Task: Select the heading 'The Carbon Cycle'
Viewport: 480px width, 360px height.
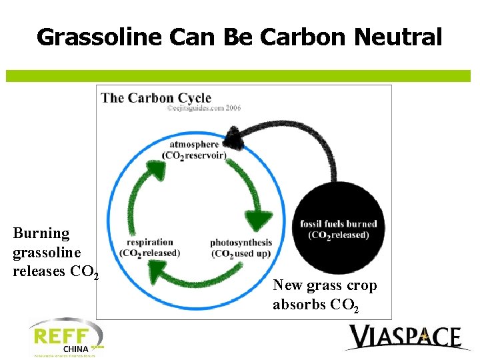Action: (x=156, y=98)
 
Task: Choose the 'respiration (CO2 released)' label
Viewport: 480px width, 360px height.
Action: (x=149, y=247)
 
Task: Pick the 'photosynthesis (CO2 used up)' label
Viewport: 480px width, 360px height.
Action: (x=241, y=247)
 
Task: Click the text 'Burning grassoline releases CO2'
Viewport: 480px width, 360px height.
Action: (x=55, y=252)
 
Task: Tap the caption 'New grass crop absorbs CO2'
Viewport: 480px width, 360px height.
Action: (x=325, y=295)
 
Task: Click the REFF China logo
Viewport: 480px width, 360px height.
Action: (x=65, y=338)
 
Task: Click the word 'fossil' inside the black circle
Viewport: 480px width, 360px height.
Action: (x=313, y=224)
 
